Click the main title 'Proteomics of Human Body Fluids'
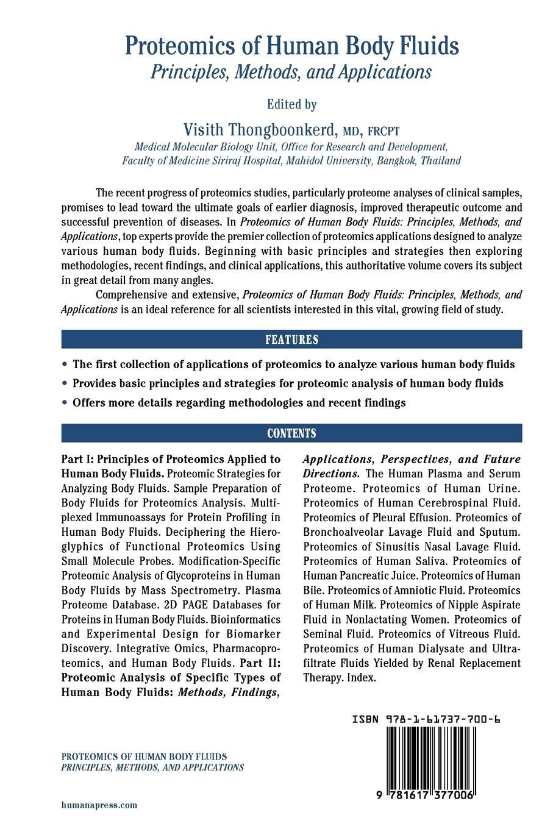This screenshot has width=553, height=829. coord(292,46)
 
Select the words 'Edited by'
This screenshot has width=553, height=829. coord(292,104)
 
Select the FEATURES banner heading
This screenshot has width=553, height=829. coord(291,340)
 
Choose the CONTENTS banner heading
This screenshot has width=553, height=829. coord(291,433)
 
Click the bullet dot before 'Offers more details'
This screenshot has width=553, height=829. coord(65,403)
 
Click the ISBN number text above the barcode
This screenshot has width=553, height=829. coord(426,720)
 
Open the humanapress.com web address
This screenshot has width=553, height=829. coord(99,805)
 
